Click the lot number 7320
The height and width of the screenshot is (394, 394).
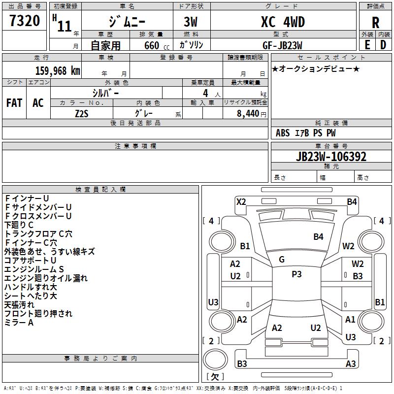coord(25,21)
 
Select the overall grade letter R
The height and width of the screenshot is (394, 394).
coord(375,23)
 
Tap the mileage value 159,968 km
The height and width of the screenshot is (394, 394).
coord(58,71)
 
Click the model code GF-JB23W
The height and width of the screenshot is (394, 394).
coord(282,45)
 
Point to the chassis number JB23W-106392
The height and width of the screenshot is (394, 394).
coord(331,157)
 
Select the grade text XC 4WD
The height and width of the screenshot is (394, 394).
coord(283,22)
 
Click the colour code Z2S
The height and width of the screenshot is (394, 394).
coord(82,114)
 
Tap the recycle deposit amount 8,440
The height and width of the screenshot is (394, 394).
coord(248,114)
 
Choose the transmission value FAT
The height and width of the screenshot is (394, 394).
coord(14,103)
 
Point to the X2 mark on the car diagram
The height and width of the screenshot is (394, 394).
coord(241,202)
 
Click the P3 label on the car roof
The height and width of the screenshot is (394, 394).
coord(296,274)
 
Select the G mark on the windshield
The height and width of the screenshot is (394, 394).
coord(282,260)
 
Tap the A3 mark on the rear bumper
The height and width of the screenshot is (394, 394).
coord(351,363)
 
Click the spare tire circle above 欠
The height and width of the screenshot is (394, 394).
coord(215,360)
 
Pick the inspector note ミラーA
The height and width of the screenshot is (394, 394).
coord(19,323)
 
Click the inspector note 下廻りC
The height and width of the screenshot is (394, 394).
coord(19,225)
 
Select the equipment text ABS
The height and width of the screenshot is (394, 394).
coord(283,133)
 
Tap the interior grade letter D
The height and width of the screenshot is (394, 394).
coord(383,45)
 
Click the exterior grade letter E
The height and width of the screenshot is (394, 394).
coord(367,45)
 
